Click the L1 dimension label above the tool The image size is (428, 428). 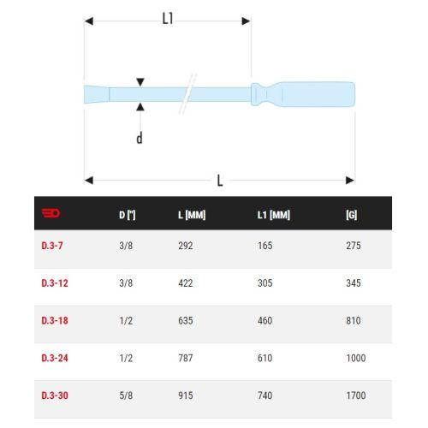(x=168, y=19)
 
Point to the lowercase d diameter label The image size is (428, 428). (x=140, y=138)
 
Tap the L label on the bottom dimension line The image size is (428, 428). (x=220, y=181)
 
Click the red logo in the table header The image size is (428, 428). (x=51, y=213)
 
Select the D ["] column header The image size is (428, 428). (x=128, y=215)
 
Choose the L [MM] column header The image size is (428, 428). (x=192, y=215)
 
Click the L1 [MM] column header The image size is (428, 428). (x=274, y=215)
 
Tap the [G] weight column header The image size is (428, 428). (x=351, y=215)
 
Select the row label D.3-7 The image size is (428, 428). (x=52, y=246)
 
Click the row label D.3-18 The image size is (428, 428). (x=55, y=321)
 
